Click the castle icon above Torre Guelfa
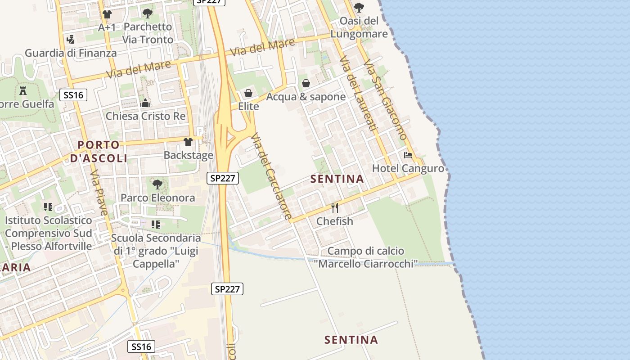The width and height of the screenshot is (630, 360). click(23, 91)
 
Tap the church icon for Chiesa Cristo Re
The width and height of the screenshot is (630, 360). click(145, 103)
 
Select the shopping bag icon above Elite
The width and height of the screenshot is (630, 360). click(248, 94)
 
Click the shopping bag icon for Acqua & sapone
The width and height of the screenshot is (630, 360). click(306, 83)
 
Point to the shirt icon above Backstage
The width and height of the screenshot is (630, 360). click(188, 142)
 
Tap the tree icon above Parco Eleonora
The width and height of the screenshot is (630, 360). click(157, 184)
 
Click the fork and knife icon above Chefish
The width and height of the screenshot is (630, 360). click(335, 207)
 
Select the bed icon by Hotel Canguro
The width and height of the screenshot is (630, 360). click(408, 155)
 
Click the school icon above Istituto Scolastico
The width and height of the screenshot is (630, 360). click(48, 207)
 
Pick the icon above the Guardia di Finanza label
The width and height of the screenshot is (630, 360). click(70, 40)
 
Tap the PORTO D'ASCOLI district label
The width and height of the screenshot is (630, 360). click(99, 151)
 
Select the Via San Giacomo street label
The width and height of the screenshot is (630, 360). click(385, 99)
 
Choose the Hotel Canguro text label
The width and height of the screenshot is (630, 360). click(408, 169)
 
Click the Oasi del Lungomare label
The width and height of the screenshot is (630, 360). click(359, 27)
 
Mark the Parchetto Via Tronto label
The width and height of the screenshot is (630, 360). click(148, 33)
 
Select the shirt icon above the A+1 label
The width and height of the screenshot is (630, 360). click(107, 14)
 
